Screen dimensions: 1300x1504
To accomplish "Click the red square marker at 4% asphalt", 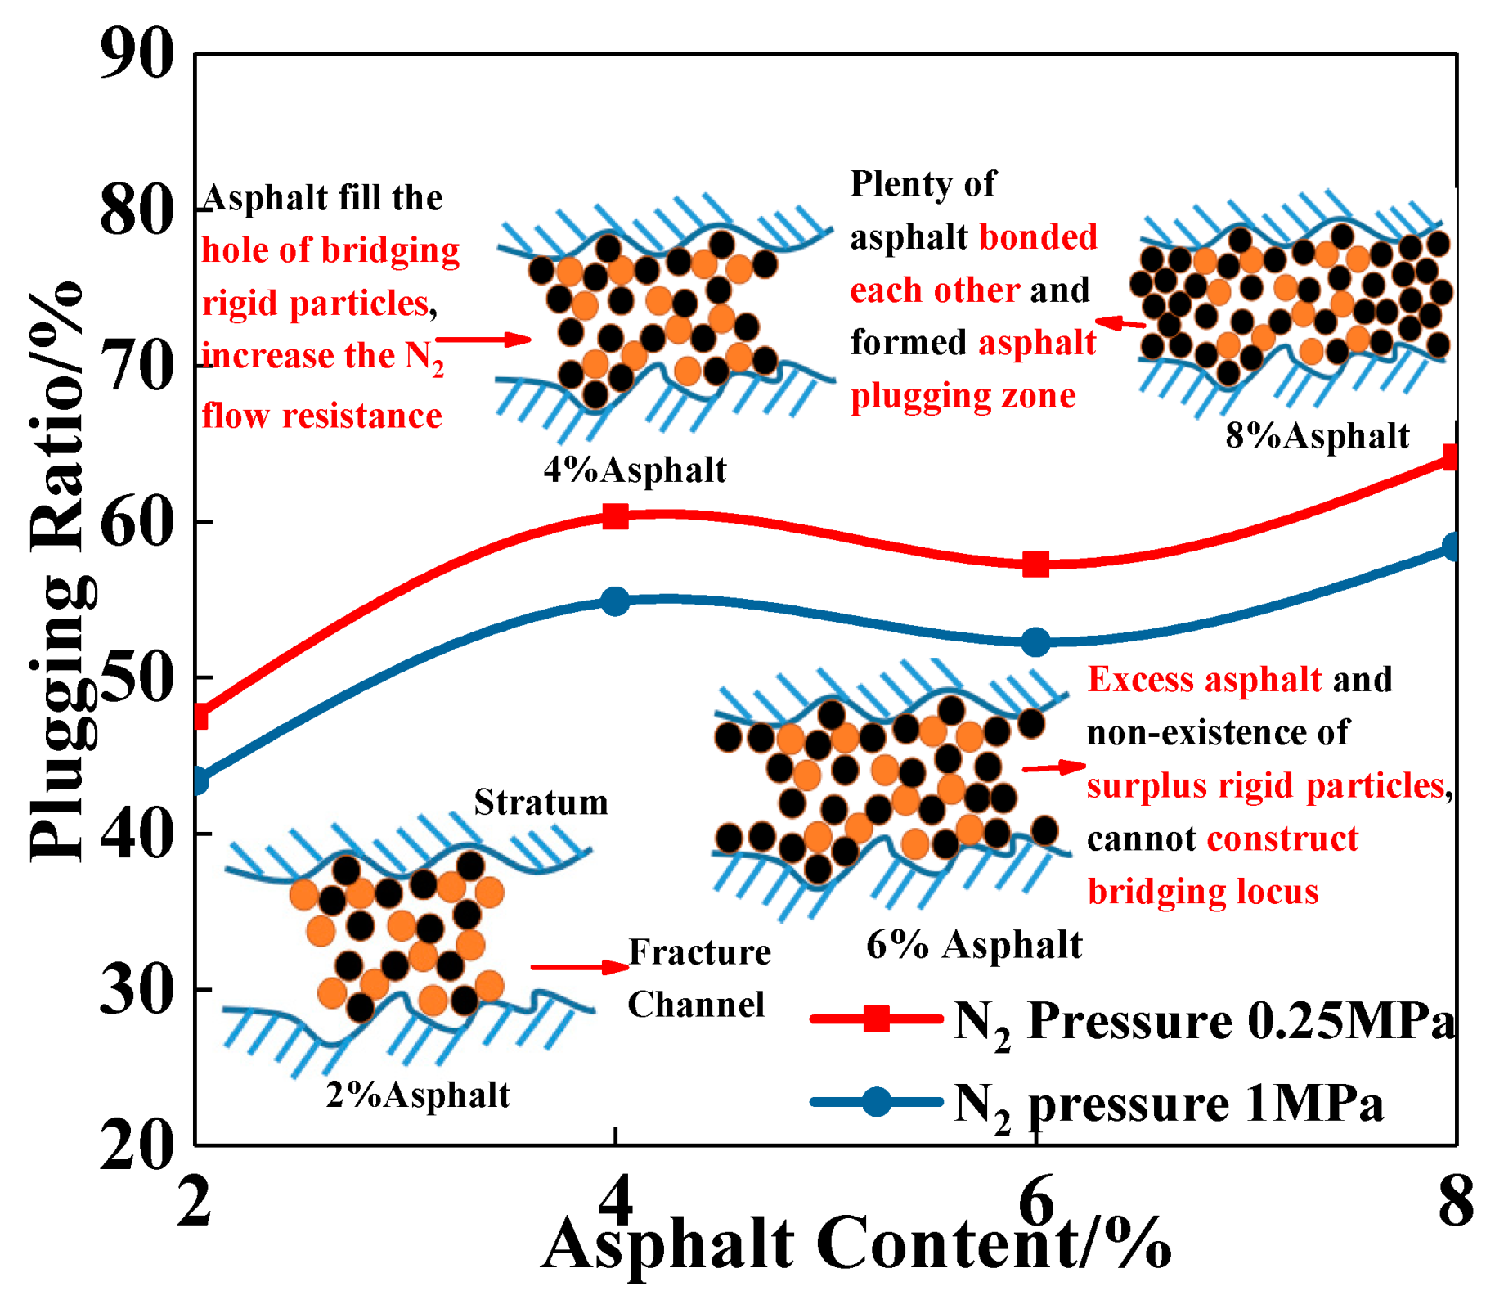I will click(615, 516).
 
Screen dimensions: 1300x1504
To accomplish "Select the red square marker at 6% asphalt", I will click(1036, 564).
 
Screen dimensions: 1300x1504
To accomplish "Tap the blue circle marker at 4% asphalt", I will click(615, 601).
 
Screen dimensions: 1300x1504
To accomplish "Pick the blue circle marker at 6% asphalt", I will click(1036, 641).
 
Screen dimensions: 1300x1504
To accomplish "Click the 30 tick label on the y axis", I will click(137, 990).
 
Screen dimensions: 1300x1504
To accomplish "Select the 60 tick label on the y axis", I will click(137, 522).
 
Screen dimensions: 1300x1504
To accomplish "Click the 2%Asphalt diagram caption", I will click(418, 1095).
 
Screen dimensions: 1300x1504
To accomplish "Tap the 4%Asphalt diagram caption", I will click(635, 470).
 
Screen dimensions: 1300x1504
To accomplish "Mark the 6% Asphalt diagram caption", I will click(974, 946).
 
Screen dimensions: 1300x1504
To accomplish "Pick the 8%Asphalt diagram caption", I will click(1318, 436).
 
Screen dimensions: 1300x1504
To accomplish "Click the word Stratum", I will click(541, 803).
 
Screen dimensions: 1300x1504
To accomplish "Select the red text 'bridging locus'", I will click(1203, 892).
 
